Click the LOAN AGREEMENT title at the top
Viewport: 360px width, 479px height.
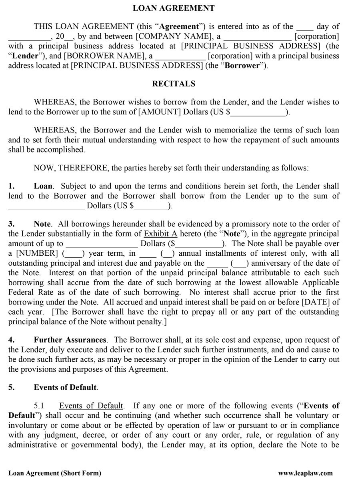click(174, 8)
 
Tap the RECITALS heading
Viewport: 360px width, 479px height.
click(174, 84)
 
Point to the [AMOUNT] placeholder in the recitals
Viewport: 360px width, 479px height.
click(159, 112)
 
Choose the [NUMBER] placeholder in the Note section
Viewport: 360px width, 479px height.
click(37, 253)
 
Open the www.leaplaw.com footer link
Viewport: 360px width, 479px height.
click(305, 473)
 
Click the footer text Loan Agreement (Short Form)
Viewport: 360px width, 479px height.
click(55, 473)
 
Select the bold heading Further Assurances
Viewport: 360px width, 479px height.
click(70, 340)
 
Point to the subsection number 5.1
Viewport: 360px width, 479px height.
click(39, 406)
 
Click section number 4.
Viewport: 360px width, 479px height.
click(11, 340)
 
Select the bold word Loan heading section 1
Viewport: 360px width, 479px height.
click(43, 186)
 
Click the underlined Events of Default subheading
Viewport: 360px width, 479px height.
click(91, 406)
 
